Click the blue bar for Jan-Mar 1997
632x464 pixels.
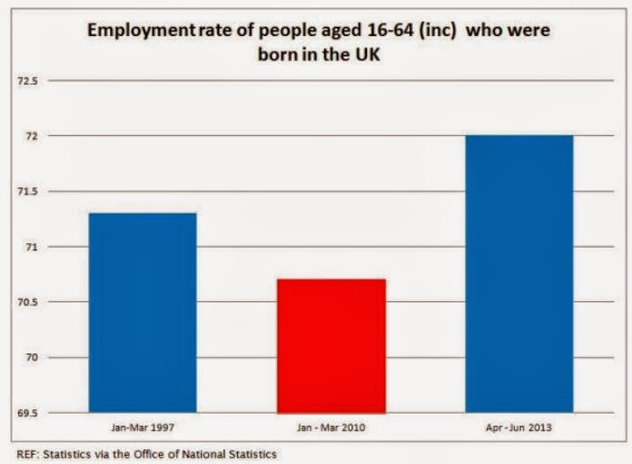tap(142, 313)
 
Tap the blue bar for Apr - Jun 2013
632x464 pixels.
tap(518, 274)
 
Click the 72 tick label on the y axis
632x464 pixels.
tap(32, 136)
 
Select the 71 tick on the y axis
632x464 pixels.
tap(32, 247)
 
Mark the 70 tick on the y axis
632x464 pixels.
tap(32, 358)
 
